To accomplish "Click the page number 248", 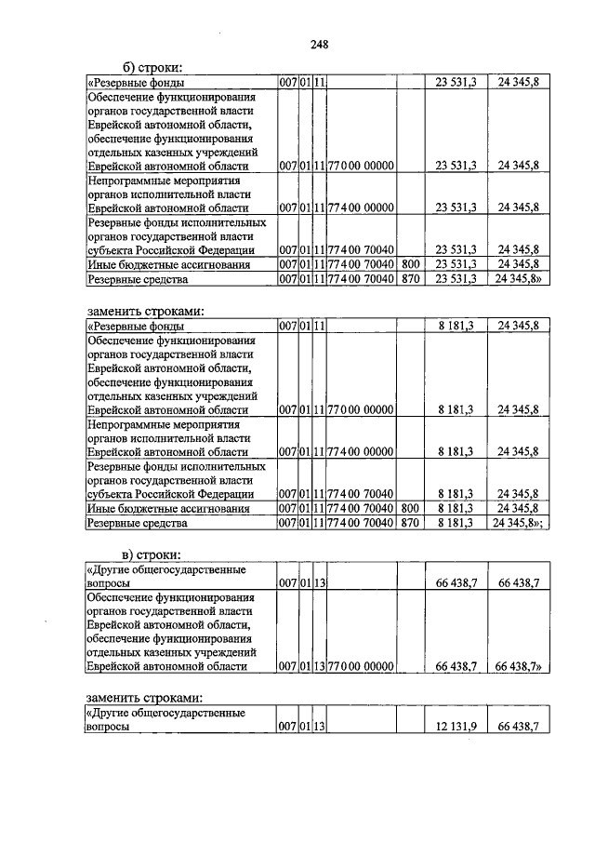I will point(320,44).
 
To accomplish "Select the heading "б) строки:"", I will point(153,68).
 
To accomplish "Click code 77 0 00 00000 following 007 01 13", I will point(361,666).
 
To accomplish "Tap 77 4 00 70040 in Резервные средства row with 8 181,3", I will point(361,524).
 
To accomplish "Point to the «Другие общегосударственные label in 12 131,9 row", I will point(165,713).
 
